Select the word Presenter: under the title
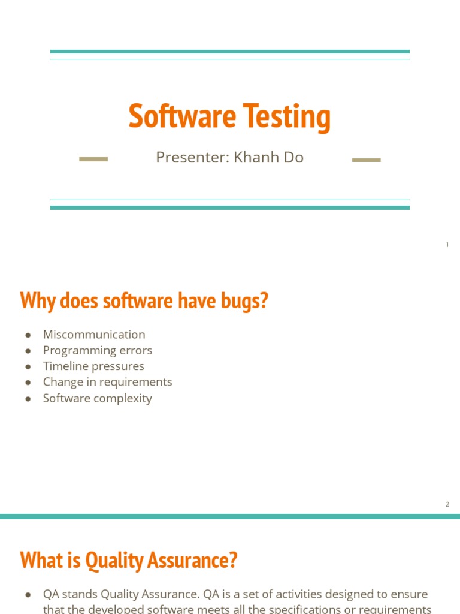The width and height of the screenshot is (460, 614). [192, 158]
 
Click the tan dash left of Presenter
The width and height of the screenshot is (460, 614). [93, 159]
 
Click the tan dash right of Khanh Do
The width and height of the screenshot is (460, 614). [366, 160]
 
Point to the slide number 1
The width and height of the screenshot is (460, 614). [447, 245]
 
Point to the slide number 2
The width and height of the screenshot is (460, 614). [447, 504]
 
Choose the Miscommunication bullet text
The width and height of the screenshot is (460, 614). [94, 335]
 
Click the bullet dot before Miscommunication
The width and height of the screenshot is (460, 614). [28, 335]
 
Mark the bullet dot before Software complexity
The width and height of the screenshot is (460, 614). [28, 399]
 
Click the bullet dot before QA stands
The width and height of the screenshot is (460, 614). [28, 594]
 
